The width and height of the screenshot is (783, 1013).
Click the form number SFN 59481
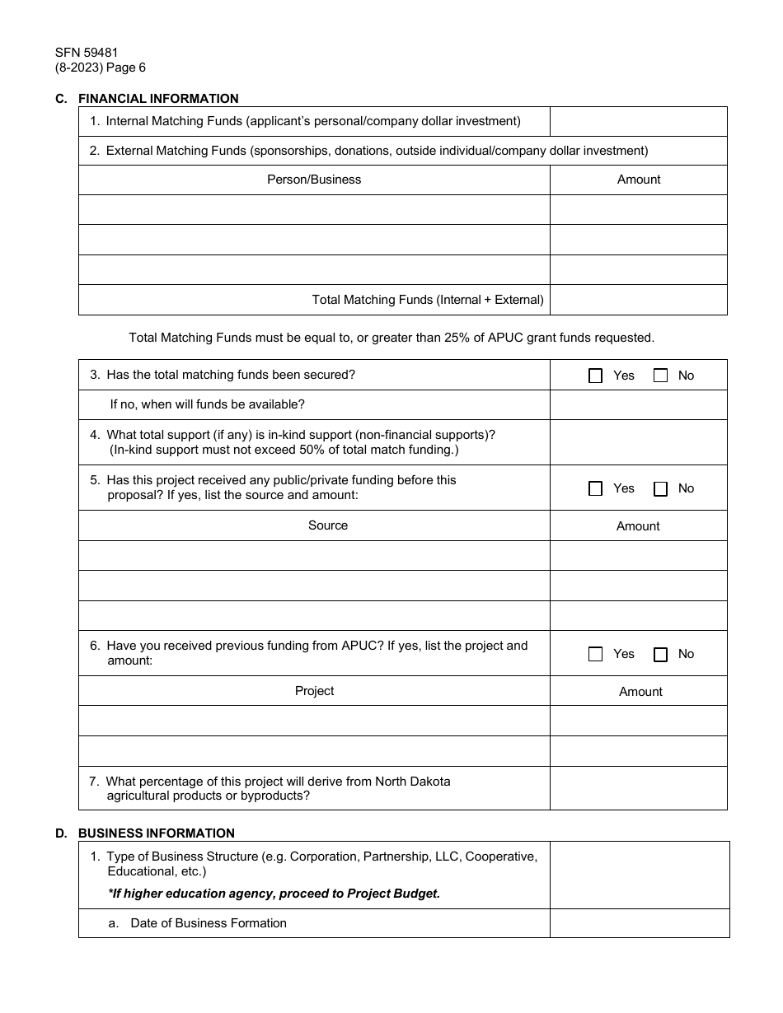[x=87, y=53]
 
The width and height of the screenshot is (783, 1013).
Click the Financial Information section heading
[x=157, y=99]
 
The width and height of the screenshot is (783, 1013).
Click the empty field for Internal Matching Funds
[x=638, y=121]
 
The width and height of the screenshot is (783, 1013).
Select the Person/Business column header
[x=314, y=180]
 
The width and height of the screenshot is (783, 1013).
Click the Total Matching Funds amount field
[x=638, y=300]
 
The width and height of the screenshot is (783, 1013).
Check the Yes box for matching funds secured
[x=596, y=376]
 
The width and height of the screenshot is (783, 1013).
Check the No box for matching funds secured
[x=660, y=376]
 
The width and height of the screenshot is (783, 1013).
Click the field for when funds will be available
[x=638, y=404]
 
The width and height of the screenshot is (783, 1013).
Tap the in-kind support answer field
[x=638, y=442]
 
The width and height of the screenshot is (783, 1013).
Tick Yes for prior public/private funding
[x=596, y=488]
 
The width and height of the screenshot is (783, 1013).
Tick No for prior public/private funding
[x=660, y=488]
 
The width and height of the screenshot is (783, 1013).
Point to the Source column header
[x=328, y=525]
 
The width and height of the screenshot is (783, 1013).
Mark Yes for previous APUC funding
[x=596, y=654]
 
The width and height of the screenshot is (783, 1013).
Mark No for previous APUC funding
[x=660, y=654]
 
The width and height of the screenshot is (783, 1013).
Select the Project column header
[x=314, y=691]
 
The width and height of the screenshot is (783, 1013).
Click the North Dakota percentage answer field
[x=638, y=788]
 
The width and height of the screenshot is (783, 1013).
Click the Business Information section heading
[x=156, y=833]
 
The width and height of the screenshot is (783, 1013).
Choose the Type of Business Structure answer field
[x=640, y=875]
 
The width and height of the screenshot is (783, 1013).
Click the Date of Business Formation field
[x=640, y=923]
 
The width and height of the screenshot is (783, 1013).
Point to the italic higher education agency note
[x=274, y=894]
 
